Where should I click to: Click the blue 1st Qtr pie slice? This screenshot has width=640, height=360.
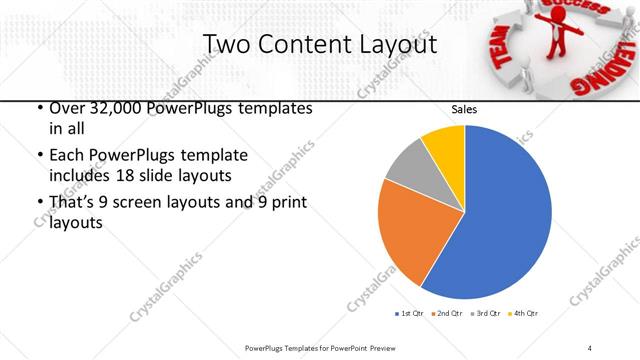(x=500, y=215)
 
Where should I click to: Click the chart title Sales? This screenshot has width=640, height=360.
(x=464, y=108)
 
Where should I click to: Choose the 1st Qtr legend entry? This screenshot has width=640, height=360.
(x=411, y=313)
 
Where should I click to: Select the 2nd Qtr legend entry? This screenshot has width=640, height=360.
(x=449, y=313)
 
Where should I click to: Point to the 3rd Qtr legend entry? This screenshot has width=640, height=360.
(x=487, y=313)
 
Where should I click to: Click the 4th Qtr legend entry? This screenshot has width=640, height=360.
(x=525, y=313)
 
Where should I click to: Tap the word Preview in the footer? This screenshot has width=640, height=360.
(x=374, y=347)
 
